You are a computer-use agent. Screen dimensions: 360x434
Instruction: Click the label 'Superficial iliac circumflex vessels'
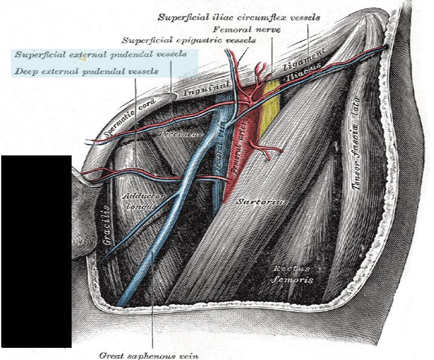[x=239, y=18]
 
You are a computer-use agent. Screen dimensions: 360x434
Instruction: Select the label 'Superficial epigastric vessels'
[x=189, y=41]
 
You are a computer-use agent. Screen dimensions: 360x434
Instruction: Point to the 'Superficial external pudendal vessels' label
[x=106, y=55]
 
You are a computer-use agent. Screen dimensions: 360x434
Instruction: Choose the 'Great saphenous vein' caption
[x=149, y=355]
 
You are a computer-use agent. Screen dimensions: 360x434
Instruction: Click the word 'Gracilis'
[x=107, y=225]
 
